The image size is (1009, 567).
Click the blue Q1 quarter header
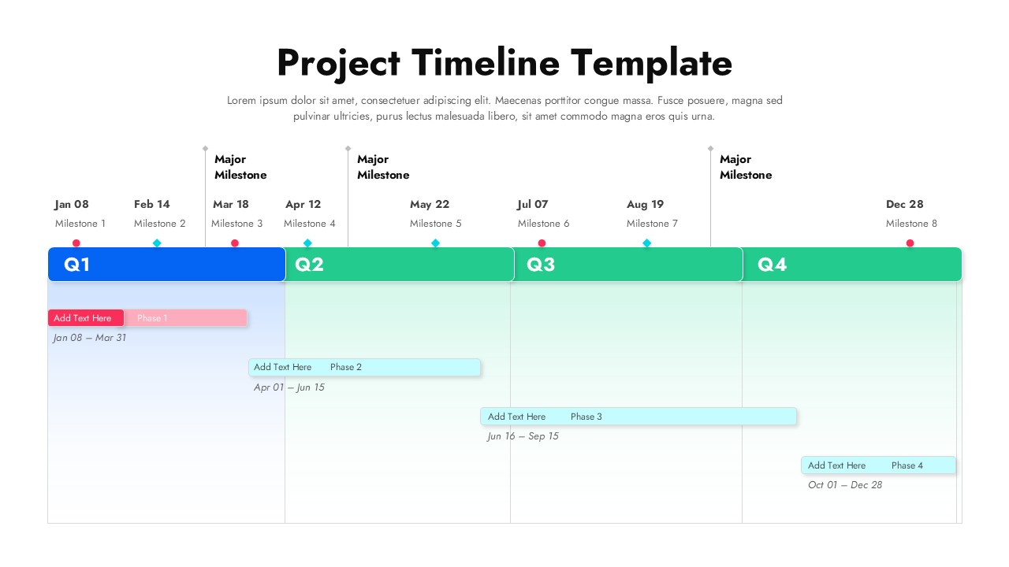[166, 265]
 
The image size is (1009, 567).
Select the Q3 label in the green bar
[541, 265]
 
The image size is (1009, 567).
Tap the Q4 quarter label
[773, 265]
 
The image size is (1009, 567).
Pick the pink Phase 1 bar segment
[186, 318]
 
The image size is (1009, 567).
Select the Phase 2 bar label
[346, 367]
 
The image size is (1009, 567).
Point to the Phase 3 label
[586, 417]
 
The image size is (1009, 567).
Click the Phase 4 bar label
[907, 465]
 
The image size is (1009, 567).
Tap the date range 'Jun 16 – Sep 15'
[523, 436]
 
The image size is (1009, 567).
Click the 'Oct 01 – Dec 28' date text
[845, 485]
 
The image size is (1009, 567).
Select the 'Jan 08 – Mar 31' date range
[90, 338]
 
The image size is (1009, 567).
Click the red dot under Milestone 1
[76, 243]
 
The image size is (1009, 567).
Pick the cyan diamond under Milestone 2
[157, 243]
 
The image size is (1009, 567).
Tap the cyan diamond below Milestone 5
[435, 243]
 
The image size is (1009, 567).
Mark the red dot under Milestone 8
[910, 243]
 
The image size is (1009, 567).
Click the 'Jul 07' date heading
[533, 205]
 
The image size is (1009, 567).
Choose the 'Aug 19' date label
[646, 205]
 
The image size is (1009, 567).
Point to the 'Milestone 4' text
[310, 224]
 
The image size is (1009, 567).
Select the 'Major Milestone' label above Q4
[746, 167]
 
